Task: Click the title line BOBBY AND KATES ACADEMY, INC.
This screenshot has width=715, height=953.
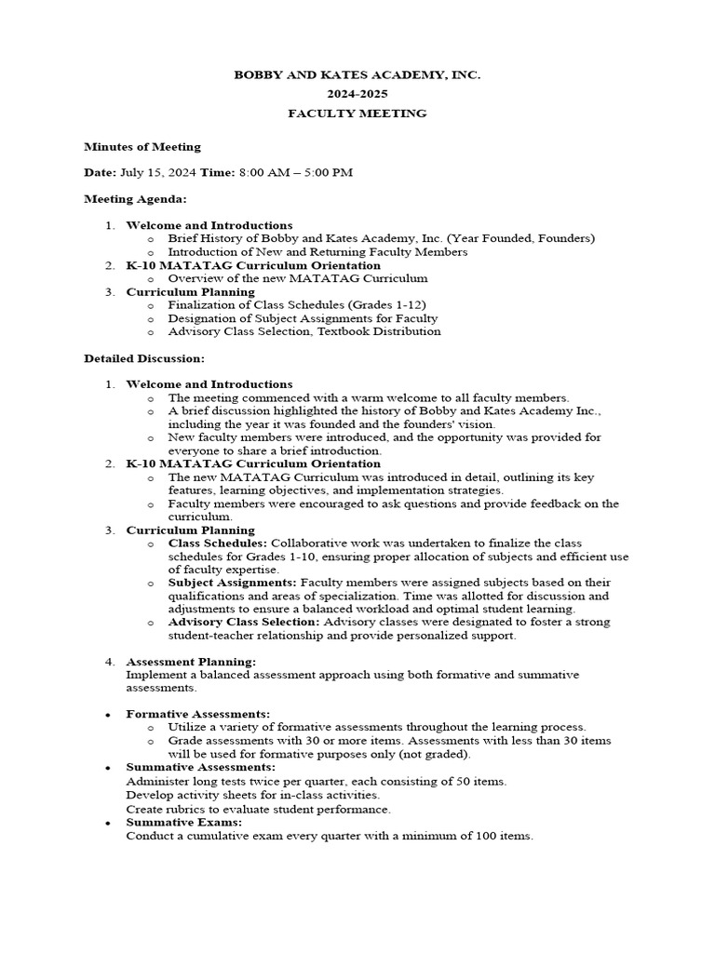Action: [357, 74]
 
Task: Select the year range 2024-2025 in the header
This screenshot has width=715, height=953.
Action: [357, 94]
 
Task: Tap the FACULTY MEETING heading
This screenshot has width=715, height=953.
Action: [357, 114]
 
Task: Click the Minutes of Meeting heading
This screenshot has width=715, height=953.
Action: [142, 146]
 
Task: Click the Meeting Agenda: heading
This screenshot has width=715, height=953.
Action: [135, 198]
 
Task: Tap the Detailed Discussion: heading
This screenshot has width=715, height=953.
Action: [144, 357]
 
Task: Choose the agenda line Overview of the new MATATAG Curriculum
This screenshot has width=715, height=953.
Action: [298, 278]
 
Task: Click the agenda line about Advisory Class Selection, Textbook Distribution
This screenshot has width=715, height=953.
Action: [304, 331]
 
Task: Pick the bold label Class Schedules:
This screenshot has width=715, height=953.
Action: [218, 543]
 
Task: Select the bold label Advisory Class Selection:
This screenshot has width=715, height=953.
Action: [244, 622]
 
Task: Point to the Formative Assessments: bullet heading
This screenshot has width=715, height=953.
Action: [198, 714]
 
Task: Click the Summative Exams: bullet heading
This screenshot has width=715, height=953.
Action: [183, 823]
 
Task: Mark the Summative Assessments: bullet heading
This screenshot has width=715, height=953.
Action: [200, 767]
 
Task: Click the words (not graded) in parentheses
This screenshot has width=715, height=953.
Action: [436, 754]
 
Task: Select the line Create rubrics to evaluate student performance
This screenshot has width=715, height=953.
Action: [259, 810]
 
